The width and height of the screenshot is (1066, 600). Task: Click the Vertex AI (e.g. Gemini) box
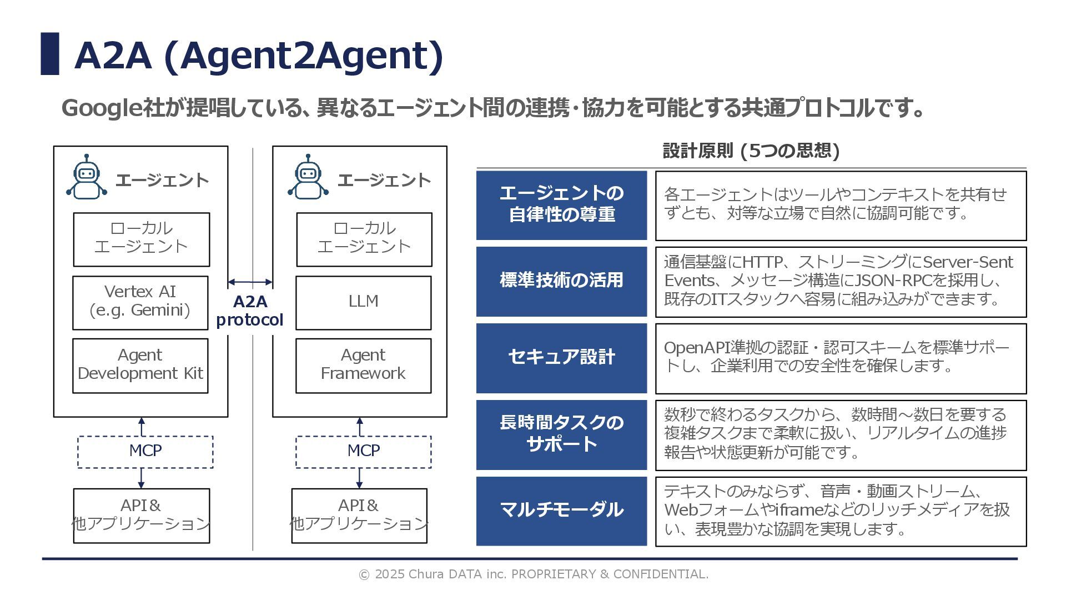pyautogui.click(x=140, y=303)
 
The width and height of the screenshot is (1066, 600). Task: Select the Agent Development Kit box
pyautogui.click(x=140, y=366)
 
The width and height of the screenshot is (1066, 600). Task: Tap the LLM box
pyautogui.click(x=363, y=303)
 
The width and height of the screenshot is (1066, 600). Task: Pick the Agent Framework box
pyautogui.click(x=363, y=366)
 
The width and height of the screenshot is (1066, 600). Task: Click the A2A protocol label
pyautogui.click(x=250, y=311)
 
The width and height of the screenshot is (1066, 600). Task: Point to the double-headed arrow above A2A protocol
pyautogui.click(x=250, y=282)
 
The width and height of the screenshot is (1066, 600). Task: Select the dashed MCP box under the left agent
pyautogui.click(x=145, y=452)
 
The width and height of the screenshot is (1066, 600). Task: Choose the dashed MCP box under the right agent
pyautogui.click(x=363, y=452)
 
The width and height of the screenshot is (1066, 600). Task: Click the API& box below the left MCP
pyautogui.click(x=142, y=516)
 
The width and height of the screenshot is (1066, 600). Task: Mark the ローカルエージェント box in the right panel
pyautogui.click(x=364, y=239)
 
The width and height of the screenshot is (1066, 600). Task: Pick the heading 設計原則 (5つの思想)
pyautogui.click(x=751, y=151)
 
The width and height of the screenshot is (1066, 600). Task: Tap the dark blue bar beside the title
pyautogui.click(x=50, y=54)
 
